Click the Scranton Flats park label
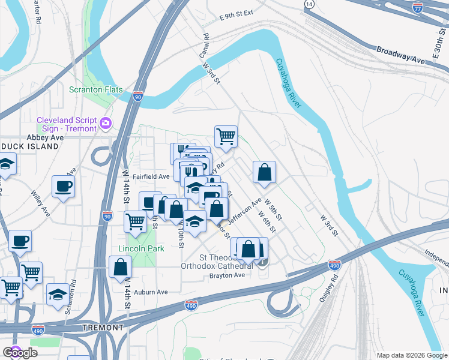(x=95, y=90)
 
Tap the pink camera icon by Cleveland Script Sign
(x=106, y=123)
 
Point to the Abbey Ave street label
(x=49, y=137)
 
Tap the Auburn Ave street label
(x=151, y=292)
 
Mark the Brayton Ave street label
(x=227, y=275)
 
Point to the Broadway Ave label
(x=400, y=54)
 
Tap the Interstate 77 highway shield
(x=418, y=7)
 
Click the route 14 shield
(x=309, y=4)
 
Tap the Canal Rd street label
(x=204, y=46)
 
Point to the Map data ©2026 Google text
(x=411, y=355)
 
